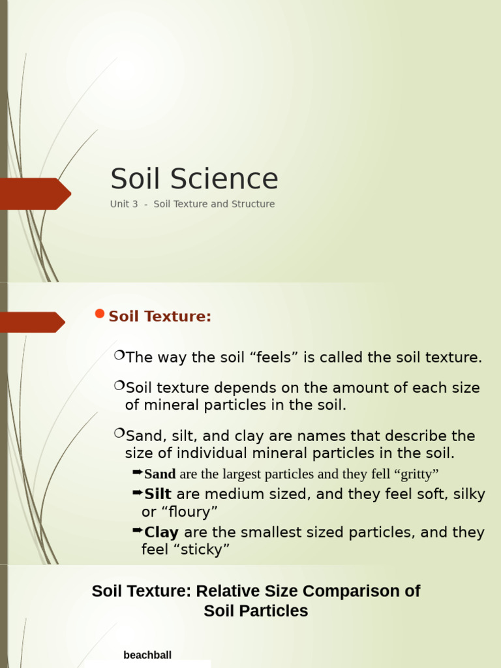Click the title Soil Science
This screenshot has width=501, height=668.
[x=194, y=179]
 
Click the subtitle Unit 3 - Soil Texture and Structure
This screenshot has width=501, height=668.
[x=192, y=204]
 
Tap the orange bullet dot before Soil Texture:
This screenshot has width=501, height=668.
[x=99, y=314]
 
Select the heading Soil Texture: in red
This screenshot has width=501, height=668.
[x=160, y=317]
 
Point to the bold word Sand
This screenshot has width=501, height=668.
[x=160, y=474]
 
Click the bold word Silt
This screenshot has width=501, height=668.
[x=158, y=494]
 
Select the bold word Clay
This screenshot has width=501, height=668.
[x=161, y=533]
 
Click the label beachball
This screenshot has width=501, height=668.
[x=147, y=655]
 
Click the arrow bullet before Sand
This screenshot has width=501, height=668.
[x=137, y=472]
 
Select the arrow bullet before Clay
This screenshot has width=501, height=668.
[x=137, y=530]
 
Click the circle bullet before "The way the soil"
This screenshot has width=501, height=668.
[x=119, y=355]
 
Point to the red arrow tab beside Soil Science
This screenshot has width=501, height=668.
[x=36, y=194]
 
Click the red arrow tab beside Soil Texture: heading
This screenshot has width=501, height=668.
[x=33, y=322]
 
